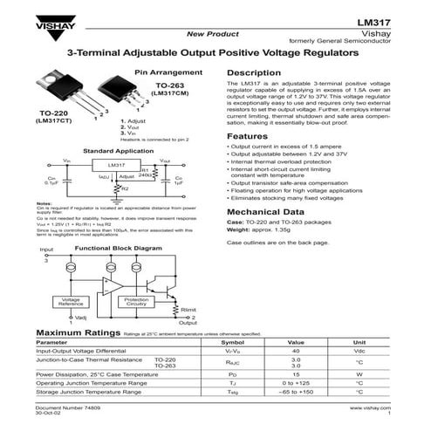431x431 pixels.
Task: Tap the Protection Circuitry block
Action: [136, 302]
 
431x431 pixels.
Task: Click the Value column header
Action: [296, 343]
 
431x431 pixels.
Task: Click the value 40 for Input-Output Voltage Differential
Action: [296, 351]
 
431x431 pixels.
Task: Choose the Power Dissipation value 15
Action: [296, 373]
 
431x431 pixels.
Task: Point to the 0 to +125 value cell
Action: [296, 383]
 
